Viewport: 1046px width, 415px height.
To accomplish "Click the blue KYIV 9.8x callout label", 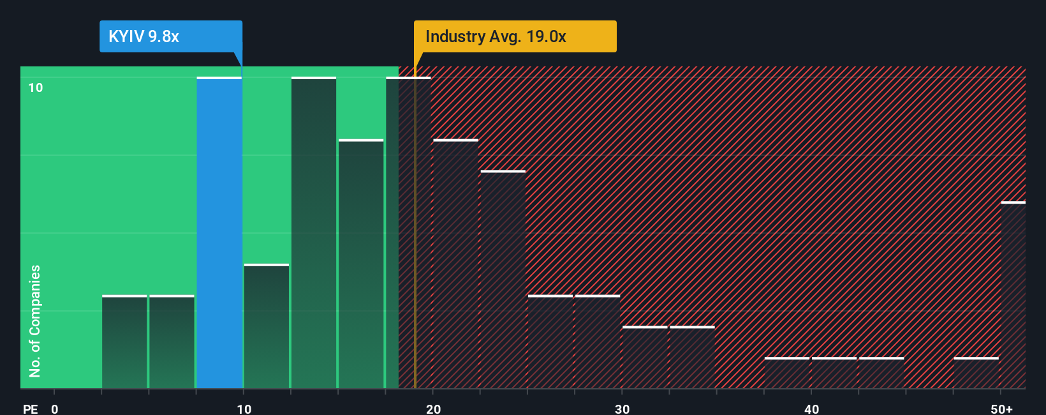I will [x=170, y=36].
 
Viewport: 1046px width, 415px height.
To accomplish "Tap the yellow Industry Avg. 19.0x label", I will [x=515, y=36].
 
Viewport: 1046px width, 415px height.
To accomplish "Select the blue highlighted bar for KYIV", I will [x=219, y=233].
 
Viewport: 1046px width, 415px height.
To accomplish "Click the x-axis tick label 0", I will [x=55, y=409].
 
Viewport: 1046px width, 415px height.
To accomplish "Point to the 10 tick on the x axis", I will [x=244, y=409].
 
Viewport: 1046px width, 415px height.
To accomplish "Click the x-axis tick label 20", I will [x=433, y=409].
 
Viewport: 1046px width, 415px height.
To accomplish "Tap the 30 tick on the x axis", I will [x=622, y=409].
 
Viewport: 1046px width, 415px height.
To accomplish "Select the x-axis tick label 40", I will [x=811, y=409].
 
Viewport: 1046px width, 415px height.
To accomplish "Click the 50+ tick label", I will [x=1001, y=409].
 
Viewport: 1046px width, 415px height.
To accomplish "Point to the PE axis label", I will [x=30, y=409].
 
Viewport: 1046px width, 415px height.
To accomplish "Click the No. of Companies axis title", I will [x=35, y=321].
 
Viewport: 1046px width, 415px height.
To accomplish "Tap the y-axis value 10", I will [x=36, y=87].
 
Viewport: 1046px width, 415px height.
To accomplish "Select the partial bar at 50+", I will [x=1013, y=295].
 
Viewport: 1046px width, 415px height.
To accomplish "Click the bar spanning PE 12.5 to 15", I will [x=314, y=233].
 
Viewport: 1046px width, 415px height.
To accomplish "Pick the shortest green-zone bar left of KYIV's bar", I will [x=124, y=342].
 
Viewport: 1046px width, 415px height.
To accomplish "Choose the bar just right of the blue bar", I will [x=267, y=326].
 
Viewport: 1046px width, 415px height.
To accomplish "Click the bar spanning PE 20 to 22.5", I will [x=455, y=264].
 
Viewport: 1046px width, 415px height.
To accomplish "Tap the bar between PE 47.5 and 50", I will [x=976, y=373].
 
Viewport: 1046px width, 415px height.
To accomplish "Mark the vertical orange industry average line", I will [x=415, y=255].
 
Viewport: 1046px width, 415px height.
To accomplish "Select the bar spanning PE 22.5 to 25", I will [x=503, y=280].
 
